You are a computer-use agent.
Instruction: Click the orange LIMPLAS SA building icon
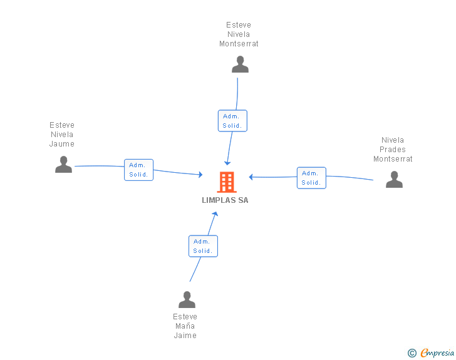coord(226,182)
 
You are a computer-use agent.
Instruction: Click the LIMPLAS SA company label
coord(225,200)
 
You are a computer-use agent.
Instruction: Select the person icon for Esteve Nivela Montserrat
coord(240,64)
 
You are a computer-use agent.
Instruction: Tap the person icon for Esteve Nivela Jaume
coord(63,165)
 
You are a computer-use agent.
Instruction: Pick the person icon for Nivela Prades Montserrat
coord(394,180)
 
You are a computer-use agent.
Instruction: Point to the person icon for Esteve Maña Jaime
coord(187,300)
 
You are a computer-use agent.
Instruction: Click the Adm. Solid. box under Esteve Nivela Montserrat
coord(232,121)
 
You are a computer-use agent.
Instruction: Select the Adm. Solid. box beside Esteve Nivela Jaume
coord(138,170)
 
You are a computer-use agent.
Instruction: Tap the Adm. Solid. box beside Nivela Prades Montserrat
coord(311,178)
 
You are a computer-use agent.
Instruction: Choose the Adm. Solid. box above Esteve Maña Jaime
coord(203,246)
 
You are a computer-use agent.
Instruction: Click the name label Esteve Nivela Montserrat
coord(239,34)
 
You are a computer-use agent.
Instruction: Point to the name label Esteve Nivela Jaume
coord(62,135)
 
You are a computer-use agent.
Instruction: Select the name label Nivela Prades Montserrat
coord(393,150)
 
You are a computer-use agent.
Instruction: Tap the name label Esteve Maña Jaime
coord(185,326)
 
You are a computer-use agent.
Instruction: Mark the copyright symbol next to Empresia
coord(412,353)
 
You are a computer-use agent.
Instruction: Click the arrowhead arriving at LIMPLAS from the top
coord(228,163)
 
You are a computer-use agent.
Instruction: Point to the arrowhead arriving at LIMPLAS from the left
coord(200,175)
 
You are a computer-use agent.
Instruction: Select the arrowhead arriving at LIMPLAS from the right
coord(251,177)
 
